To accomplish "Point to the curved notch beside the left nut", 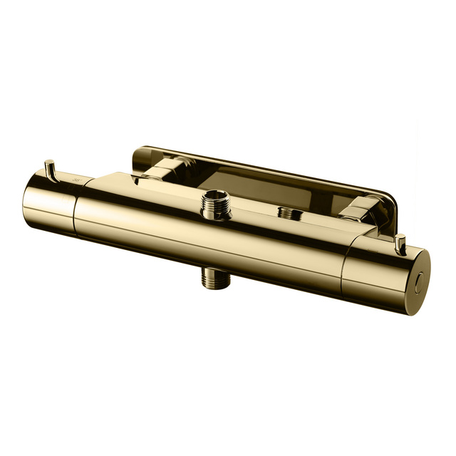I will click(x=142, y=175).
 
